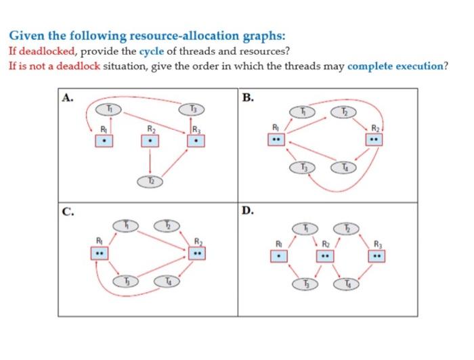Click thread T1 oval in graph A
114,108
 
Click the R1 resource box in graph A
103,141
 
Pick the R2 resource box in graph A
150,141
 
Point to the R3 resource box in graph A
196,141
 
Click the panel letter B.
248,97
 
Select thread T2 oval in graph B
343,111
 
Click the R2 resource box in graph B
372,139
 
